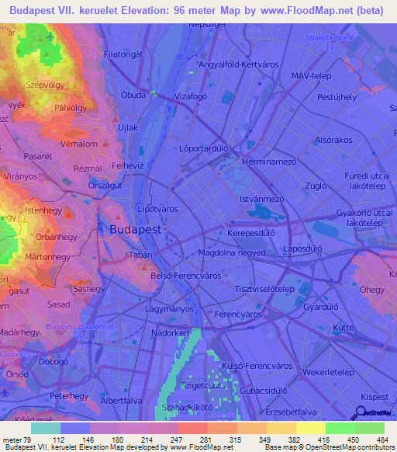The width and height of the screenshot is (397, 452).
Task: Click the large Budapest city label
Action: click(x=136, y=231)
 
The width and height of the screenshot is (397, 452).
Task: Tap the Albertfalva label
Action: click(x=124, y=400)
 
